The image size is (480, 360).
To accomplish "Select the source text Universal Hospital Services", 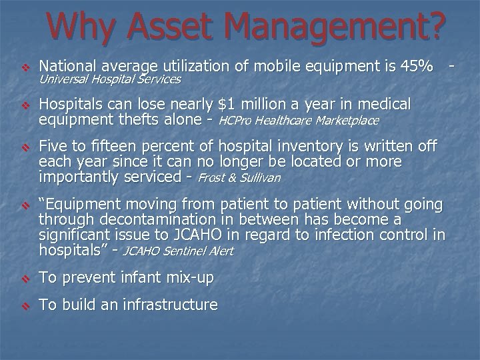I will [x=110, y=79].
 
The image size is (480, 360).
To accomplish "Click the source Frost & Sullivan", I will [x=239, y=178].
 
